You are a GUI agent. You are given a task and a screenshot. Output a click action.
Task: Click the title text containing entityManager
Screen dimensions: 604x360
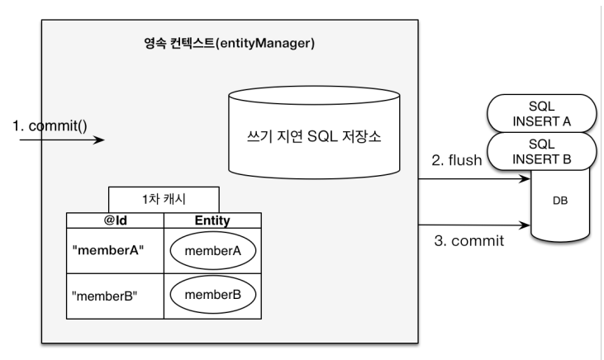click(229, 43)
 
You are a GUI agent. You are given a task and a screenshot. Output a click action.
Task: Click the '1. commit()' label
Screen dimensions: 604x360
click(50, 126)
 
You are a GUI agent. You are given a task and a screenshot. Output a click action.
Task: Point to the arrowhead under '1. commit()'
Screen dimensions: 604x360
click(99, 140)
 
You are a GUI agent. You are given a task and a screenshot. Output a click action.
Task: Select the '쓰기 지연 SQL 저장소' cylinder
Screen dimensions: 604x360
click(314, 132)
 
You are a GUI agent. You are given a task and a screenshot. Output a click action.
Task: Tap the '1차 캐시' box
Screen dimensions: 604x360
click(164, 200)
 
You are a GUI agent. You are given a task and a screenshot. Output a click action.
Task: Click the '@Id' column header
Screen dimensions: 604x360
click(115, 220)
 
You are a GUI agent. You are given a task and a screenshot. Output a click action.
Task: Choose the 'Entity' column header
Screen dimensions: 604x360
click(212, 220)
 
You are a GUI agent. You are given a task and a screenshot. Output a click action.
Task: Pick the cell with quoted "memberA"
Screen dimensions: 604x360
click(115, 251)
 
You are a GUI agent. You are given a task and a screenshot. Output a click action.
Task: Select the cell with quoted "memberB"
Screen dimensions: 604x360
click(115, 296)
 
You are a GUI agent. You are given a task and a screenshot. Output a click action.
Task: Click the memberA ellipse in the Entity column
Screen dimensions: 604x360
click(212, 251)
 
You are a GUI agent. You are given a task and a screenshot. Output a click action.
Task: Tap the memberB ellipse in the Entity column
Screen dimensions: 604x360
click(212, 295)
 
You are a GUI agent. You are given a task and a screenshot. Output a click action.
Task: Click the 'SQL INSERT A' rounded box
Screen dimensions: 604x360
click(541, 114)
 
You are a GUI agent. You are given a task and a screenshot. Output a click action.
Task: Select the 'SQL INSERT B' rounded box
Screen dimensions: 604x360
click(541, 151)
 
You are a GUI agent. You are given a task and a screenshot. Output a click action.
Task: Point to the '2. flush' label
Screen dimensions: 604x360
click(456, 160)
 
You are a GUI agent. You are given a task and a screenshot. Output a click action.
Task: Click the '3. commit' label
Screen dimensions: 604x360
click(468, 241)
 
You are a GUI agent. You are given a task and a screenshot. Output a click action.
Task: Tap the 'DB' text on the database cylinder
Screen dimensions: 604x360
click(560, 201)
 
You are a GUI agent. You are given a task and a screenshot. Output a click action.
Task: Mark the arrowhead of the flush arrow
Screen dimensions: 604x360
click(525, 178)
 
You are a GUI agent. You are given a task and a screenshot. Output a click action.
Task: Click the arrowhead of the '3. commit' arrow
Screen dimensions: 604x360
click(525, 225)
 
